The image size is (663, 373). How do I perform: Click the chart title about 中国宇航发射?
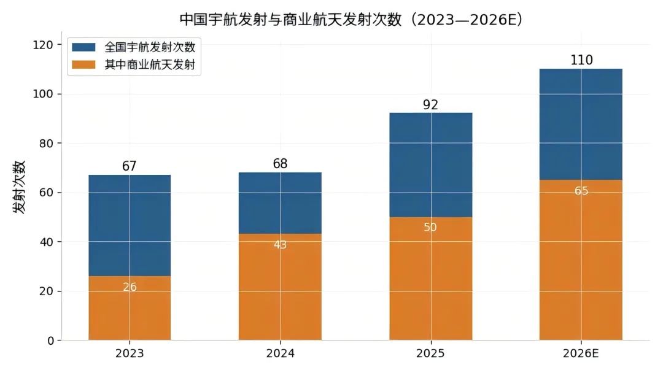351,20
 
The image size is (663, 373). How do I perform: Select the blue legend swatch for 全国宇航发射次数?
83,47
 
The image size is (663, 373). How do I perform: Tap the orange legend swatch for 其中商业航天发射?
83,64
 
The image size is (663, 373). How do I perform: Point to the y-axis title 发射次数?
19,187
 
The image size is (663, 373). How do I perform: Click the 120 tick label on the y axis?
43,45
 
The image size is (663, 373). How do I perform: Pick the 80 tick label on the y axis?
46,143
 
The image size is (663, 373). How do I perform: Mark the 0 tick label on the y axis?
51,340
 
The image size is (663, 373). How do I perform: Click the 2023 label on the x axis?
130,353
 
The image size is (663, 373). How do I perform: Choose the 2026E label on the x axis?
581,353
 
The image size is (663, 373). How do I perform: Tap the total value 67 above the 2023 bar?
130,166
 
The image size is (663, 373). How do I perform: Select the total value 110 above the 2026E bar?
581,60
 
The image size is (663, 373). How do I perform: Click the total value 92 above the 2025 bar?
430,104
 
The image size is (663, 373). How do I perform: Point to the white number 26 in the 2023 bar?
130,287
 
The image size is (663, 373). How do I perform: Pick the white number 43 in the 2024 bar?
280,245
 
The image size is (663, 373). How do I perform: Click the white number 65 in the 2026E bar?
581,191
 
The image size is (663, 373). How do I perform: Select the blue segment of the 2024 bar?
280,203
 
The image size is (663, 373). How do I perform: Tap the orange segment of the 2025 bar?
431,279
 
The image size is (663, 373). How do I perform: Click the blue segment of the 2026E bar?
581,124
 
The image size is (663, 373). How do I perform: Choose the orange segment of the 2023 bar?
130,308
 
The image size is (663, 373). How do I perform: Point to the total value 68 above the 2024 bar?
280,163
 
